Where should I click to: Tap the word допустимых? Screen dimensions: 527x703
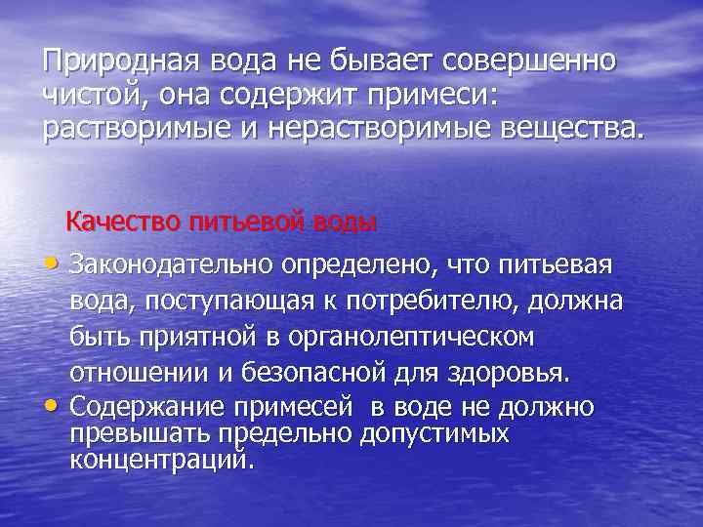click(434, 431)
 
